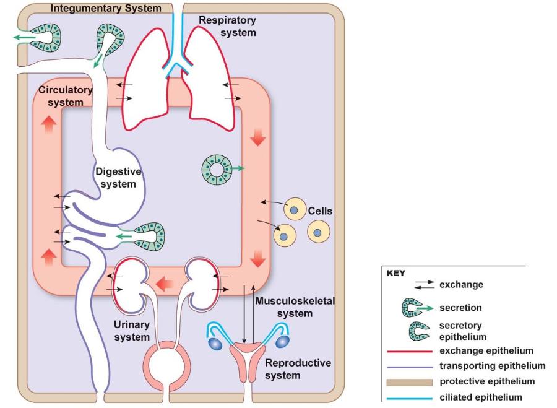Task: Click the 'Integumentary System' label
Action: (x=106, y=9)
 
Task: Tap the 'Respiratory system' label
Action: (x=227, y=26)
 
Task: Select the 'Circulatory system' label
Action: (x=66, y=95)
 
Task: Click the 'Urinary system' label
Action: (x=131, y=331)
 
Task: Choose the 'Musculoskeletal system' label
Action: (x=295, y=307)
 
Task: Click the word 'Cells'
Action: (x=320, y=211)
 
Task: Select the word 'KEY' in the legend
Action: (x=395, y=273)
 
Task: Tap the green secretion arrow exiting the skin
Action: (x=23, y=38)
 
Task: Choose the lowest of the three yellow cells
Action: (x=284, y=236)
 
